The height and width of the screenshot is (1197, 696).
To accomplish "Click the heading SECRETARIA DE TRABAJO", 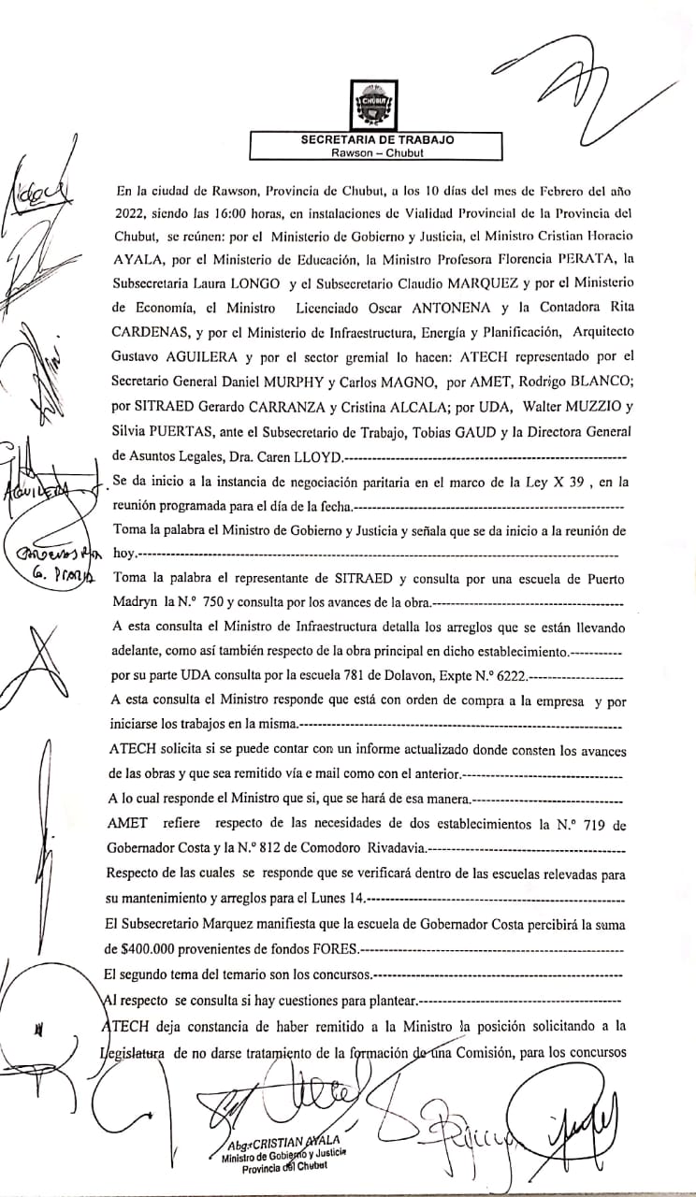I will click(x=377, y=139).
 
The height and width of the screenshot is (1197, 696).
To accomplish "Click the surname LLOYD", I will click(x=313, y=458).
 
